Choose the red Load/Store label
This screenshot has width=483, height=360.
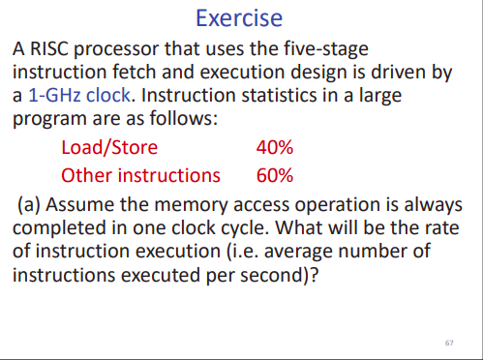[x=109, y=149]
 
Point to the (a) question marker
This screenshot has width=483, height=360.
[x=30, y=205]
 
